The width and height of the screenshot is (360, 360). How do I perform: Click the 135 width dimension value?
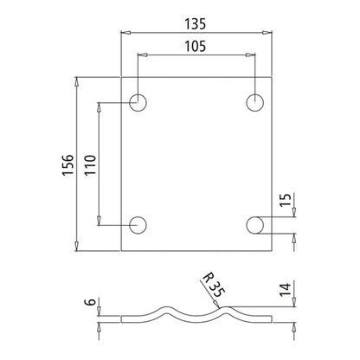pos(196,23)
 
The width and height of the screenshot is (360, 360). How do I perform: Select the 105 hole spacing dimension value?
pos(196,46)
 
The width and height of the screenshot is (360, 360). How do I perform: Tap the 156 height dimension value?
pos(68,164)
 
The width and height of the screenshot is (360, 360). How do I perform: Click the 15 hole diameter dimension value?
pos(286,200)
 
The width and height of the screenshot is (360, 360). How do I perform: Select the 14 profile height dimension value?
pos(286,289)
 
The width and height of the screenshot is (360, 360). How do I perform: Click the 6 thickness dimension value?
pos(90,302)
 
